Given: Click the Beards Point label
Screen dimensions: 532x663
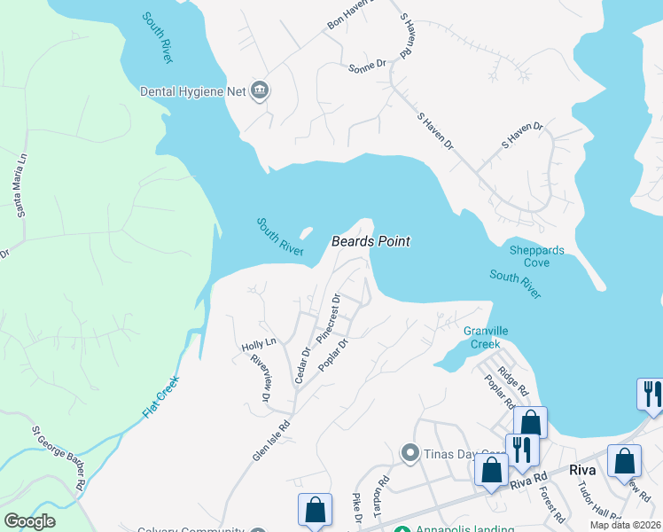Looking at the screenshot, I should (370, 241).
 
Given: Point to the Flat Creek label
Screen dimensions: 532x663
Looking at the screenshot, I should (161, 397).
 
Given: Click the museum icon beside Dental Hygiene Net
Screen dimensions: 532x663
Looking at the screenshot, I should (261, 90).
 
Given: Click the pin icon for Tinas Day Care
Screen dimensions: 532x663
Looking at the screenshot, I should (409, 454).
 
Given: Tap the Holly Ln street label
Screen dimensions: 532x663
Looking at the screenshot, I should (259, 343).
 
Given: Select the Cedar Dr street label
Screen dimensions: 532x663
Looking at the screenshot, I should (301, 364).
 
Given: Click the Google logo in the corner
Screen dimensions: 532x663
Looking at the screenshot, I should (29, 521).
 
